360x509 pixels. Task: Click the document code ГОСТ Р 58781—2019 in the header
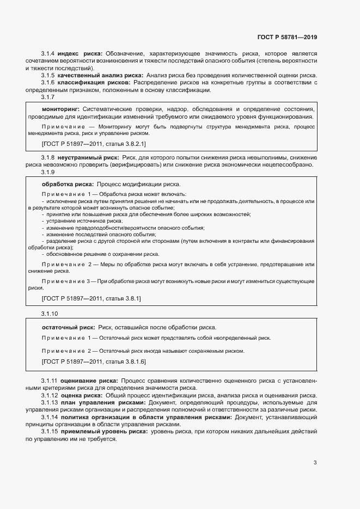(287, 38)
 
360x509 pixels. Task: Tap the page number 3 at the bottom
(315, 463)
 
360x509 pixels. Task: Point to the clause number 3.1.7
(48, 97)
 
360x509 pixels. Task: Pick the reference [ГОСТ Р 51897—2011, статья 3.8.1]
(91, 298)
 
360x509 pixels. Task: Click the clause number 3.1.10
(50, 314)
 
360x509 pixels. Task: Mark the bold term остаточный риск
(68, 327)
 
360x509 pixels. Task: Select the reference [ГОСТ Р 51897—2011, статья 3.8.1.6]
(93, 361)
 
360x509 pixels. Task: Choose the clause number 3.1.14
(50, 417)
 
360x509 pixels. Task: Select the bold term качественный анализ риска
(100, 75)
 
